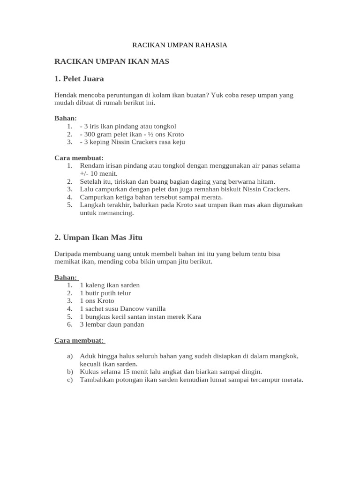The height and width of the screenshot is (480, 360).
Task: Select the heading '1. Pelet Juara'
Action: [x=79, y=78]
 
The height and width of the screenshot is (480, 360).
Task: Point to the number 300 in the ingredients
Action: [x=90, y=134]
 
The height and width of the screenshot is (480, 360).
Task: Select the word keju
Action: [x=179, y=142]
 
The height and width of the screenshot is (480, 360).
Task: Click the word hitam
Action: [x=267, y=181]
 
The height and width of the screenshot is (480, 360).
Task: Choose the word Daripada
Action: [x=68, y=254]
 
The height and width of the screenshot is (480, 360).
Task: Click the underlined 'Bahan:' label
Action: [x=66, y=277]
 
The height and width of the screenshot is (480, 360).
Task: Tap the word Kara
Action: [x=194, y=316]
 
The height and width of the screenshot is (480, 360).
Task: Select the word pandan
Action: [x=135, y=324]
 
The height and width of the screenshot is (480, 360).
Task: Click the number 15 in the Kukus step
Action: [x=116, y=372]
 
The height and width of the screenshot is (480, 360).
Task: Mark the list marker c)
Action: [x=70, y=380]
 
